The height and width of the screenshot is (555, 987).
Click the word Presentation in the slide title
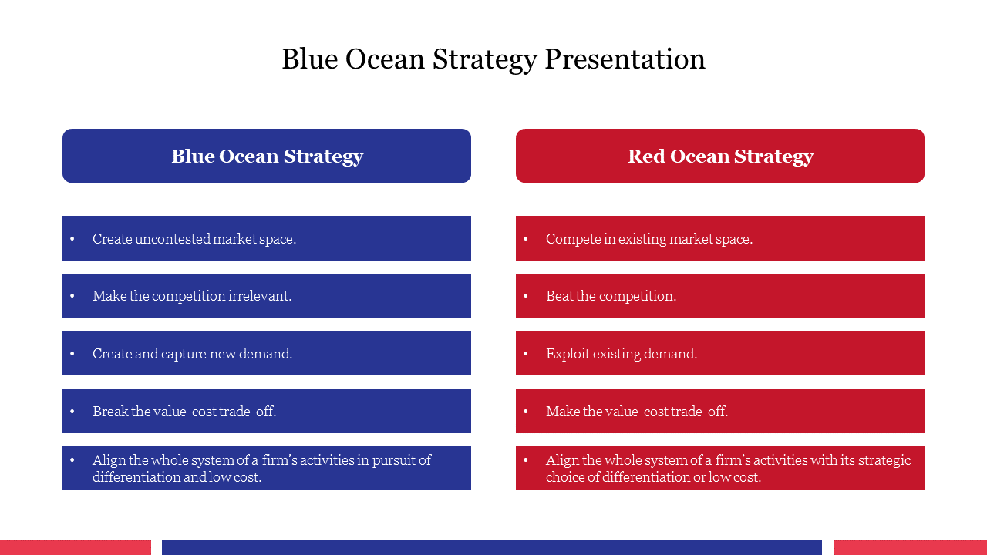[x=625, y=59]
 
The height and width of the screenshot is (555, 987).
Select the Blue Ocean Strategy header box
[x=267, y=156]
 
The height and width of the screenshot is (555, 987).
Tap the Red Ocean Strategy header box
[x=720, y=156]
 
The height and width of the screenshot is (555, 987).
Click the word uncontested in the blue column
[x=172, y=239]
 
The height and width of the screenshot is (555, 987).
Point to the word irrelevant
[x=260, y=295]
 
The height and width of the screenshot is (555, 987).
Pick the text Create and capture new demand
[x=192, y=353]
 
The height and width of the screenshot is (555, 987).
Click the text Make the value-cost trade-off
[x=637, y=411]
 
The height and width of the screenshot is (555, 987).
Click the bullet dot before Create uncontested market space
[x=72, y=239]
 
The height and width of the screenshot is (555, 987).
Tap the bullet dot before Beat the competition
[x=526, y=295]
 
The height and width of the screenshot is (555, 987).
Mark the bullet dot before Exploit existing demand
[x=526, y=353]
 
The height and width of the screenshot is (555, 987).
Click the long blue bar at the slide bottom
[x=492, y=547]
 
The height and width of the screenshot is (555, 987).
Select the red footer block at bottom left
[x=76, y=547]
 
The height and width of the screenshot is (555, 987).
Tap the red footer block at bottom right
[x=911, y=547]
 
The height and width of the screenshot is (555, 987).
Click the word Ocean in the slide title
[x=385, y=59]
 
